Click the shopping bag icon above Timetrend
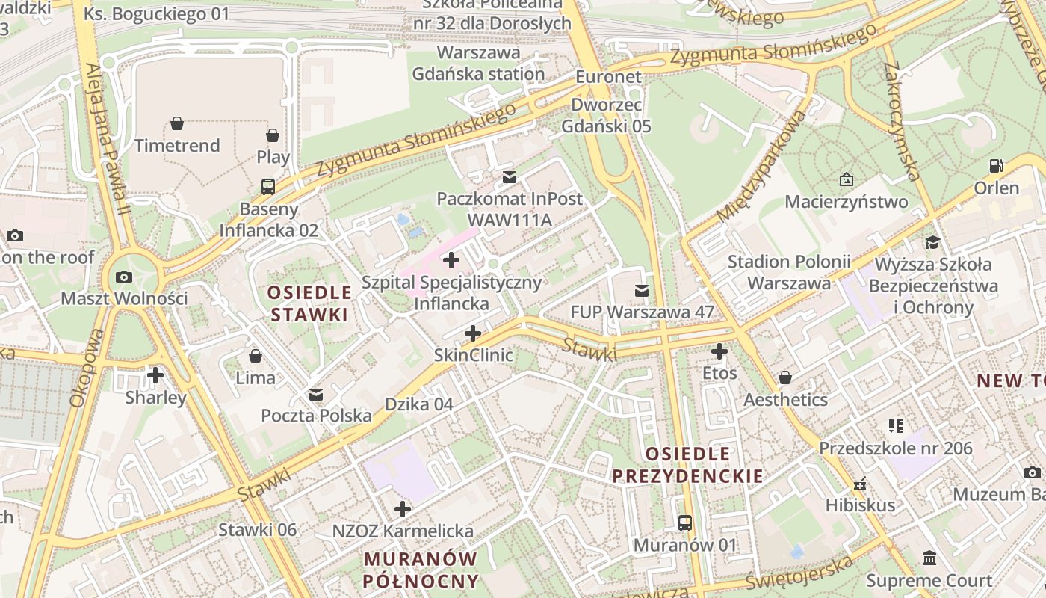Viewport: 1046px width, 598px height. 177,123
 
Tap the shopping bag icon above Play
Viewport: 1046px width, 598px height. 273,135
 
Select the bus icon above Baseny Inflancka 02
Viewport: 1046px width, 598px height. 268,186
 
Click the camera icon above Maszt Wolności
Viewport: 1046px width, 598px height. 124,277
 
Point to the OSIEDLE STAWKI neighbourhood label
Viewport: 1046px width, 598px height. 309,303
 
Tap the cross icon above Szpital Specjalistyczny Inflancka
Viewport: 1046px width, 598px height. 451,260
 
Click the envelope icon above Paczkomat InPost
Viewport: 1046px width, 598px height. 510,177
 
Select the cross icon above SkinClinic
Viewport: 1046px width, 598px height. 473,333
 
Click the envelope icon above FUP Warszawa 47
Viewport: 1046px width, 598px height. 642,290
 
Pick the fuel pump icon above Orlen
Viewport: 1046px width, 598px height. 996,165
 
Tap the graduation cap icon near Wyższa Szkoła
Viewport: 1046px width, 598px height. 932,242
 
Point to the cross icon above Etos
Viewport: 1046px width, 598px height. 719,351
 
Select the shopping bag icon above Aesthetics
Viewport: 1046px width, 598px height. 785,377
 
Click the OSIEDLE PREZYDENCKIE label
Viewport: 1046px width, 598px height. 687,465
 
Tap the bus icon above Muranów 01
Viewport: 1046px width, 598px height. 685,523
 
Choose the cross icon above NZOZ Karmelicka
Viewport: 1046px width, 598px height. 403,509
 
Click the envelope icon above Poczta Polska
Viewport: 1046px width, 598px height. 316,394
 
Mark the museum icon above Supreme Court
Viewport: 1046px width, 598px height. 929,558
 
